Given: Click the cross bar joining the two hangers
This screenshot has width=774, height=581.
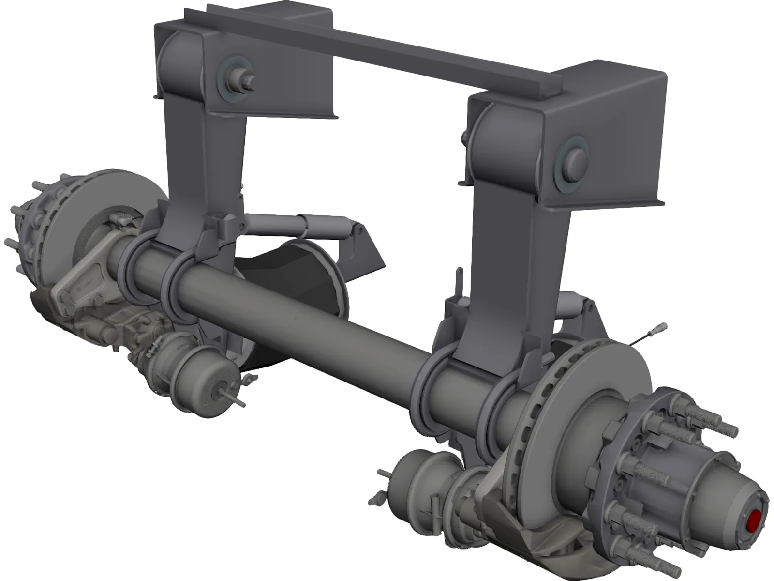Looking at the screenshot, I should (x=387, y=53).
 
